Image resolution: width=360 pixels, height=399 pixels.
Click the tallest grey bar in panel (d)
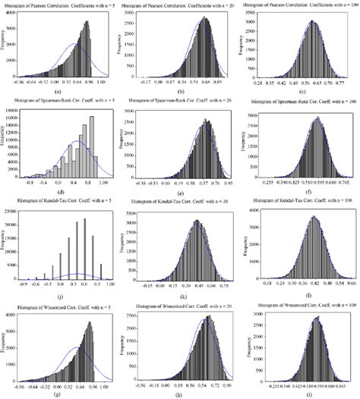pos(91,144)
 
